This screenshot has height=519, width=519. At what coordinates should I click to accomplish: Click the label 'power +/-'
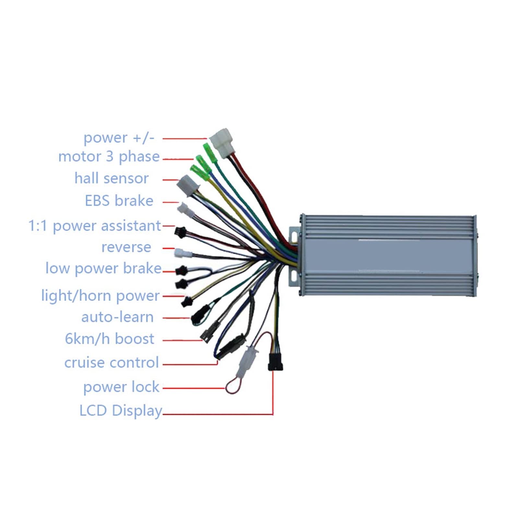click(119, 138)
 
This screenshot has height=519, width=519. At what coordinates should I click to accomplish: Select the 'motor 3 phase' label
click(109, 157)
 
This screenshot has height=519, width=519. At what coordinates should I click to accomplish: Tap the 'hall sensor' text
click(112, 178)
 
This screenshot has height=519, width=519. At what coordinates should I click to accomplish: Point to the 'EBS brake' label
click(119, 201)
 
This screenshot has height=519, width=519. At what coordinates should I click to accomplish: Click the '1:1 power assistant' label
click(95, 226)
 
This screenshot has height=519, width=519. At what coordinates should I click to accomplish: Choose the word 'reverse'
click(126, 247)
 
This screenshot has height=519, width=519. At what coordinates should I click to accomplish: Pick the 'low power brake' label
click(103, 268)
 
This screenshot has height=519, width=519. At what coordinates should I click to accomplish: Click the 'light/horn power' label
click(100, 296)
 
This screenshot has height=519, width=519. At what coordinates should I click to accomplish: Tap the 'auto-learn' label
click(117, 317)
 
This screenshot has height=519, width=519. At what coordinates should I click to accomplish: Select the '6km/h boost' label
click(110, 339)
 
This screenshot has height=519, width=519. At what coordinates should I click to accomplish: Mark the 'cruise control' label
click(112, 363)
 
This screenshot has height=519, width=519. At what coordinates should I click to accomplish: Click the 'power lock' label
click(121, 387)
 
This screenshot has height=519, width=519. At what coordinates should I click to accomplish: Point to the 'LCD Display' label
click(121, 411)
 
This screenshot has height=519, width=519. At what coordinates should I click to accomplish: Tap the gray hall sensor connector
click(187, 185)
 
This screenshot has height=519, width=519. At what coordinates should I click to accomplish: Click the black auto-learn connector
click(198, 315)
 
